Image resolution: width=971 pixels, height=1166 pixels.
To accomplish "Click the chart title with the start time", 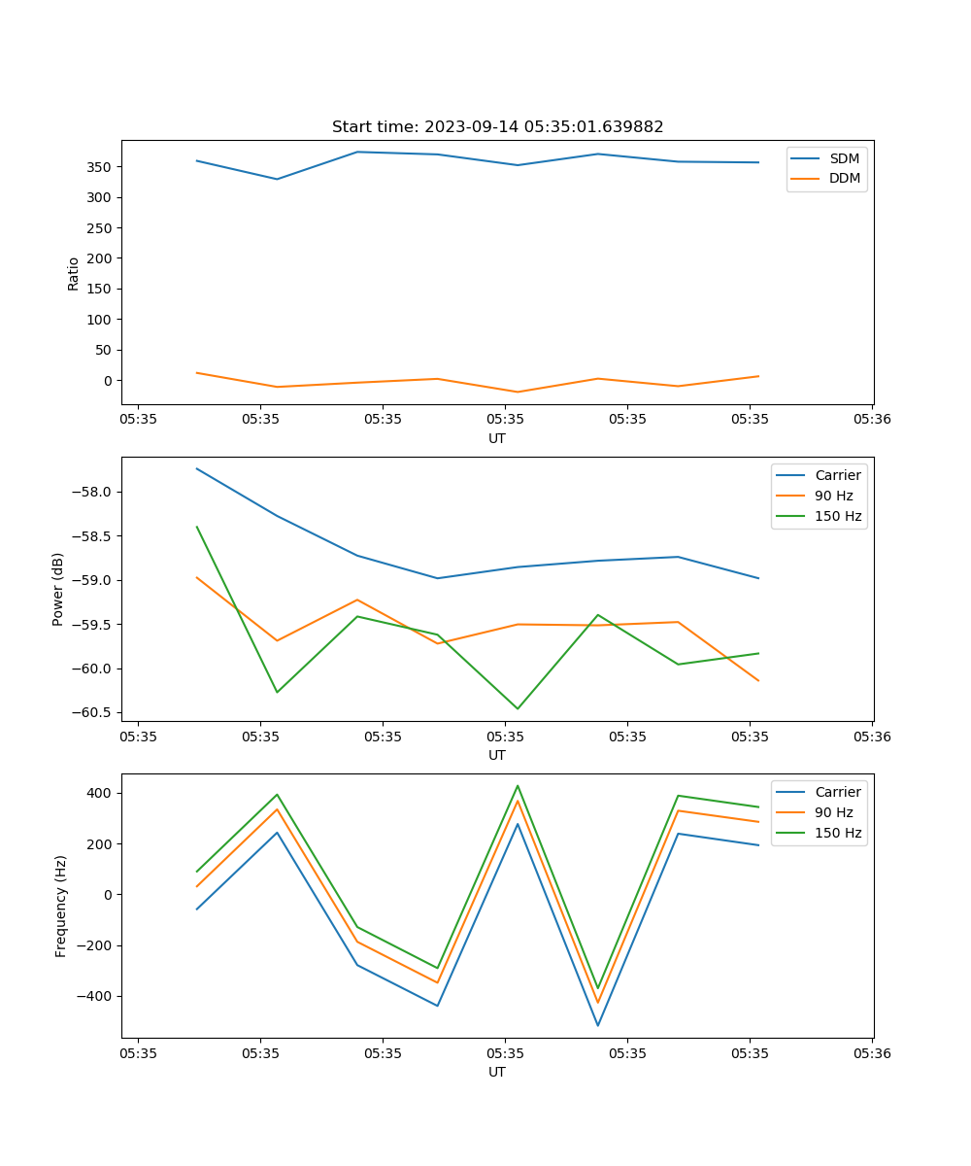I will coord(497,127).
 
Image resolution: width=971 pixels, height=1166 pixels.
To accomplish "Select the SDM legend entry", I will coord(844,158).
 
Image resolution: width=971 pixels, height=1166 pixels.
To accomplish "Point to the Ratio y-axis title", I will coord(74,272).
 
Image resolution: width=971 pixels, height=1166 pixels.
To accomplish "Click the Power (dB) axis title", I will coord(58,589).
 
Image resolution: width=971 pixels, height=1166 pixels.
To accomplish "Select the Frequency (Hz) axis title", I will coord(61,906).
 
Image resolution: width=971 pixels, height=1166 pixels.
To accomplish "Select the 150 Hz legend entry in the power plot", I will coord(838,516).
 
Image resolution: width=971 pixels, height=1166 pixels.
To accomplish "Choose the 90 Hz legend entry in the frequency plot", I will coord(834,812).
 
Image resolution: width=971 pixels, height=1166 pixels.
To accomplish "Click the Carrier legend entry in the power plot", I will coord(838,475).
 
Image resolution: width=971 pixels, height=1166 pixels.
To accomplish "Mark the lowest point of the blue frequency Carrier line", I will coord(597,1025).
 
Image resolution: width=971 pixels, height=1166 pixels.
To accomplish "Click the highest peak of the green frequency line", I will coord(518,786).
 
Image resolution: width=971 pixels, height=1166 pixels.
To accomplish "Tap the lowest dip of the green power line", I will coord(518,708).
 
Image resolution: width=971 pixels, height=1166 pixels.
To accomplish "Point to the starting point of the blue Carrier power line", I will coord(197,468).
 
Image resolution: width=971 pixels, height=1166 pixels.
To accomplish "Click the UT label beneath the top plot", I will coord(497,438).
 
